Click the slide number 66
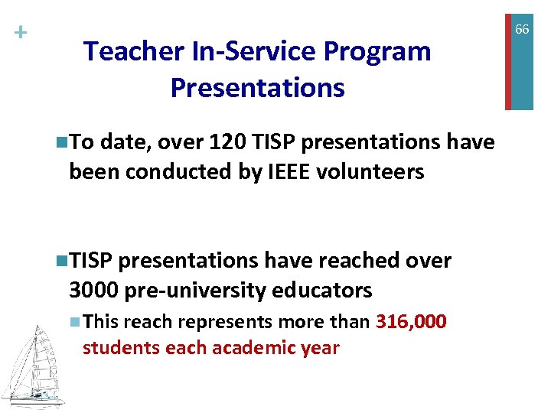pyautogui.click(x=522, y=30)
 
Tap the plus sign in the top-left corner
pyautogui.click(x=20, y=33)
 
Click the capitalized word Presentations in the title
pyautogui.click(x=257, y=88)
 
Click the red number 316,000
pyautogui.click(x=411, y=322)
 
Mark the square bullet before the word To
pyautogui.click(x=61, y=143)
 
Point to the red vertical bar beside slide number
pyautogui.click(x=507, y=55)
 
